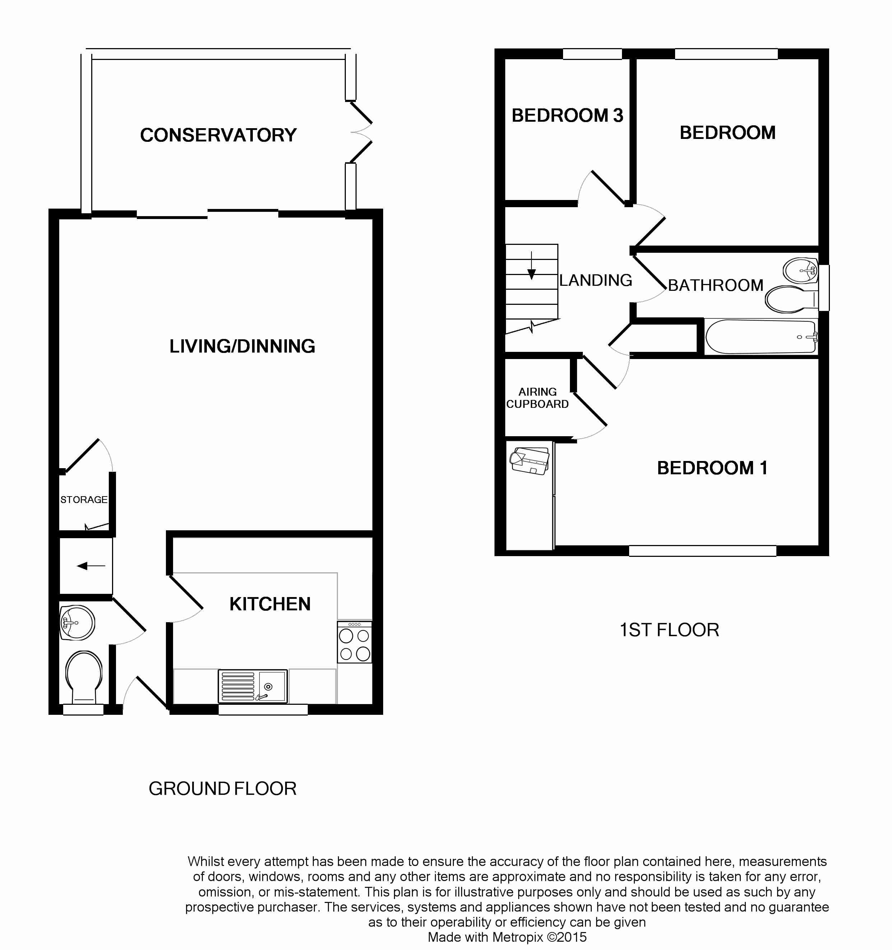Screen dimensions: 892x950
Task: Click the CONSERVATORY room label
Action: click(218, 135)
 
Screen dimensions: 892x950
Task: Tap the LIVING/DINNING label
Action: click(242, 346)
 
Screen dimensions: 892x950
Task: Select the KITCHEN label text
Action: click(270, 604)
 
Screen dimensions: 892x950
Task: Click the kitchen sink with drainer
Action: click(253, 686)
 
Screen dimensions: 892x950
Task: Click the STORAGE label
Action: click(84, 500)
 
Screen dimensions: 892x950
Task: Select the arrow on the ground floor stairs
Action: click(91, 566)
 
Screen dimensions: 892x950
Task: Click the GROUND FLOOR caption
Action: click(222, 788)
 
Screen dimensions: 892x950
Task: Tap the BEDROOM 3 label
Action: click(567, 116)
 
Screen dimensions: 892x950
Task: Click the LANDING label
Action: click(596, 280)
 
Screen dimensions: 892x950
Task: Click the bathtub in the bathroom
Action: click(761, 337)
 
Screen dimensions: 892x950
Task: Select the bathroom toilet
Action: click(791, 299)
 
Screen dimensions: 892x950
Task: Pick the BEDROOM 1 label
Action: click(712, 468)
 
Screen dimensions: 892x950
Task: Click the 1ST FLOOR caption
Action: click(669, 630)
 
